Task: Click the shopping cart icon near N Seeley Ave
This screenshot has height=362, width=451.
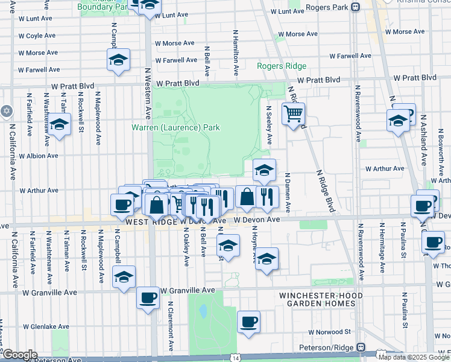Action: [293, 113]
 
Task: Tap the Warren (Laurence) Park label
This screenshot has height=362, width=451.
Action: [176, 127]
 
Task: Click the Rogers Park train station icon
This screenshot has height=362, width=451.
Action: [356, 7]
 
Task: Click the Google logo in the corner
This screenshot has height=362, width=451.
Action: [19, 355]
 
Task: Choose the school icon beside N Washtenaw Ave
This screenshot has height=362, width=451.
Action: [59, 124]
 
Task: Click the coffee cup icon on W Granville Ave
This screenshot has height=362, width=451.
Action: [148, 297]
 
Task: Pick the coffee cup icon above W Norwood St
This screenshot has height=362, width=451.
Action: [248, 322]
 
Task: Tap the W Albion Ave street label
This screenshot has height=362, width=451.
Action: [39, 156]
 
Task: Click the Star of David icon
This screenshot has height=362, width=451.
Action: [7, 111]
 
